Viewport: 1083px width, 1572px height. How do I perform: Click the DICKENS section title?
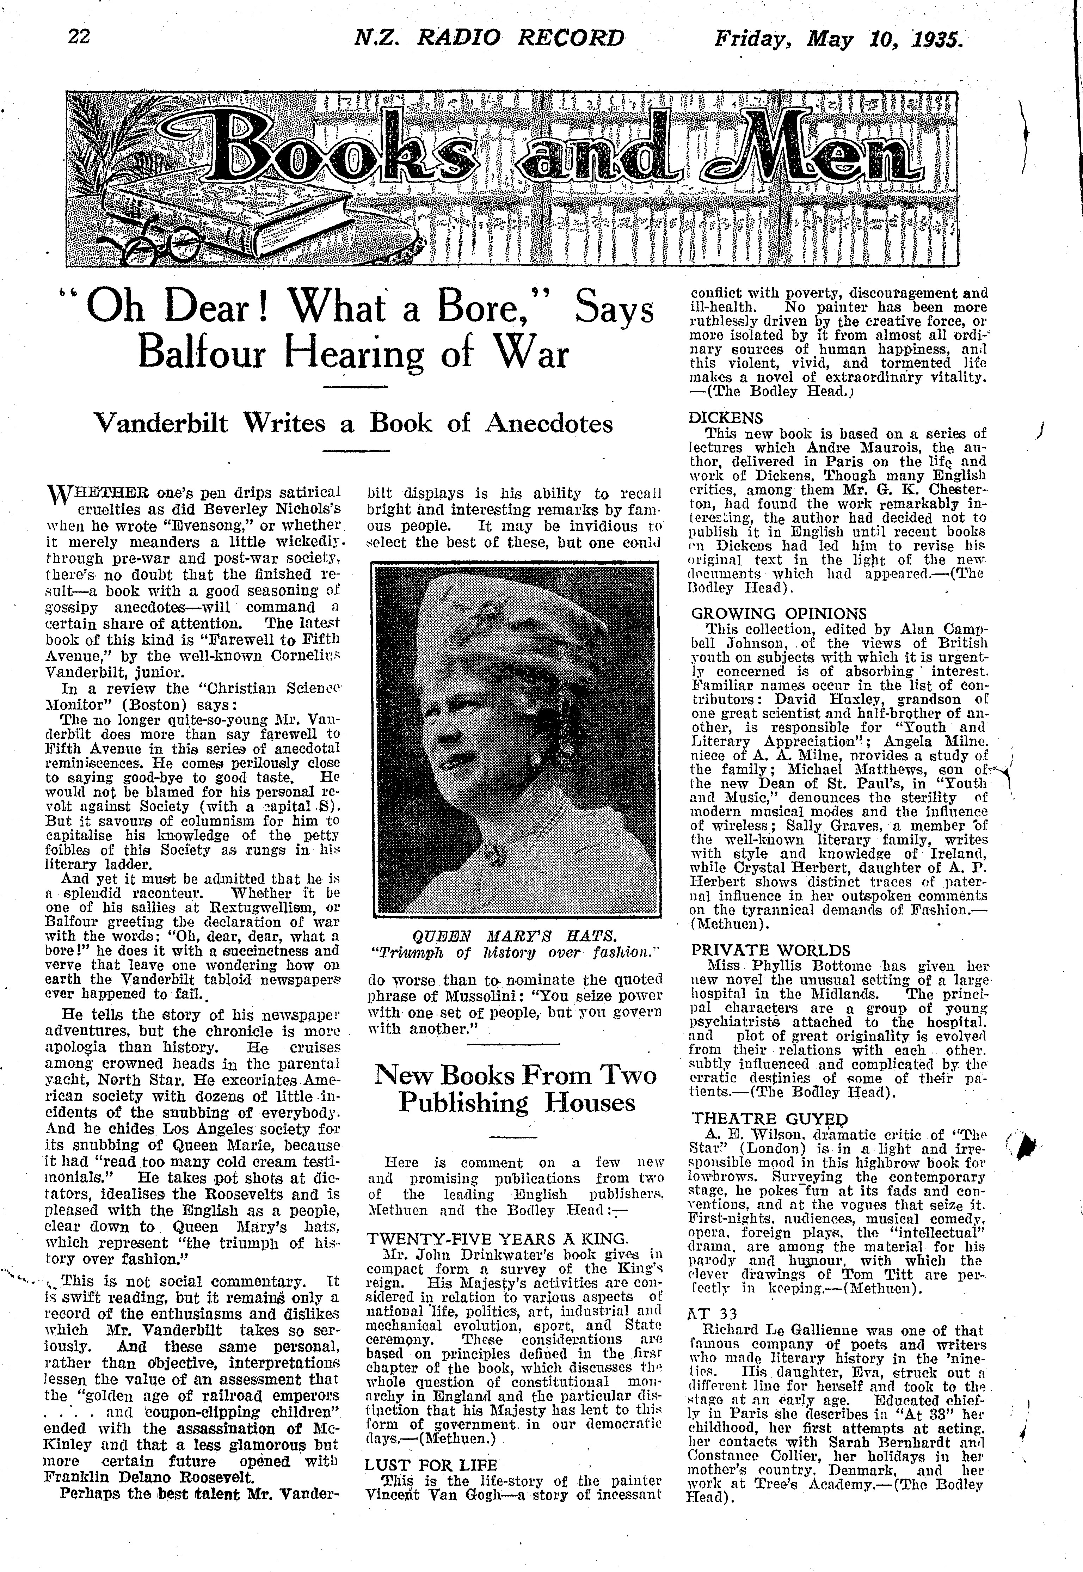[725, 418]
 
